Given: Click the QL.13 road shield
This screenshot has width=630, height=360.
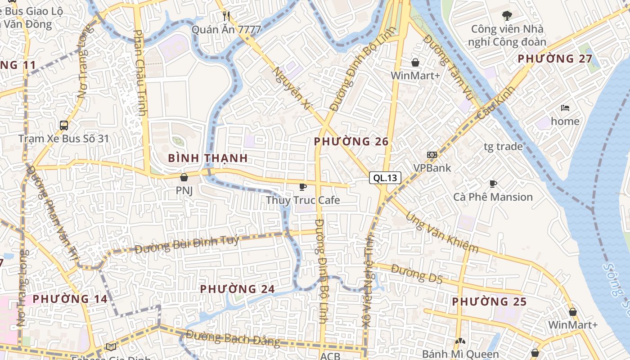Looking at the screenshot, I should (385, 178).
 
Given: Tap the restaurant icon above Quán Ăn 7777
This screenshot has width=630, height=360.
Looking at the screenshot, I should (226, 16).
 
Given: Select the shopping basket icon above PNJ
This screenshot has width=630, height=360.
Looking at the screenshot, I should (184, 177).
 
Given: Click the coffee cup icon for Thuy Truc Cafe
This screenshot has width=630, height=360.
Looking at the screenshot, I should (303, 187).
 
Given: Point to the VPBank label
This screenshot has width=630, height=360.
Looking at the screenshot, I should (432, 168).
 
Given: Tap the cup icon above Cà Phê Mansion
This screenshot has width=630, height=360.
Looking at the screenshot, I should (493, 184).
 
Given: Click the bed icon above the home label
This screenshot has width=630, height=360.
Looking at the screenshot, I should (565, 108).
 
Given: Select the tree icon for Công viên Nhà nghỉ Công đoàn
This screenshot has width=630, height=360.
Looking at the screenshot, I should (507, 16).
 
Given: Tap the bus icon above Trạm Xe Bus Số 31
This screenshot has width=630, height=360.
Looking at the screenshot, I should (64, 125).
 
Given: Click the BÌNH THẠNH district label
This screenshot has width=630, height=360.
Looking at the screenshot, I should (208, 158).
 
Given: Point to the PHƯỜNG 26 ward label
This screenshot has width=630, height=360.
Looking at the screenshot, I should (351, 142).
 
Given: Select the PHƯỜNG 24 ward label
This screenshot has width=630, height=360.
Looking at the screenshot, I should (237, 289).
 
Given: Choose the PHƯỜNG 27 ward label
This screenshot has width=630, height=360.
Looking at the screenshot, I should (554, 59).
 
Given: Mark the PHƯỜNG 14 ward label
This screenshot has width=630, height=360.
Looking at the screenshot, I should (70, 299).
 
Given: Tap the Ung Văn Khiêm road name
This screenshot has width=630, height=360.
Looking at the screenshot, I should (442, 232).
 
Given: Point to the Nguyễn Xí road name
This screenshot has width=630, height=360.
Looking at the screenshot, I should (292, 88).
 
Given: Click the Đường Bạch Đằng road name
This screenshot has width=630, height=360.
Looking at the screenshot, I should (233, 338).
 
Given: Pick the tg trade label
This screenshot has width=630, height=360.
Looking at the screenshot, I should (503, 146).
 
